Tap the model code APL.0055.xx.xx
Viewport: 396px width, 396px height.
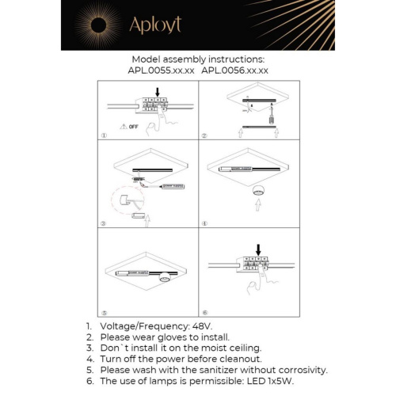tap(162, 70)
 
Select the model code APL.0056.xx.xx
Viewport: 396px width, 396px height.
tap(235, 70)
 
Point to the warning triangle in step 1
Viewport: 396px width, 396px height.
tap(121, 126)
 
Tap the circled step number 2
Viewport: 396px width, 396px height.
tap(204, 135)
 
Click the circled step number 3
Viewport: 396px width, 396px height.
tap(105, 225)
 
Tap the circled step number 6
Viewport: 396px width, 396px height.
tap(204, 312)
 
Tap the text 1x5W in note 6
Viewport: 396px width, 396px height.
tap(278, 381)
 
